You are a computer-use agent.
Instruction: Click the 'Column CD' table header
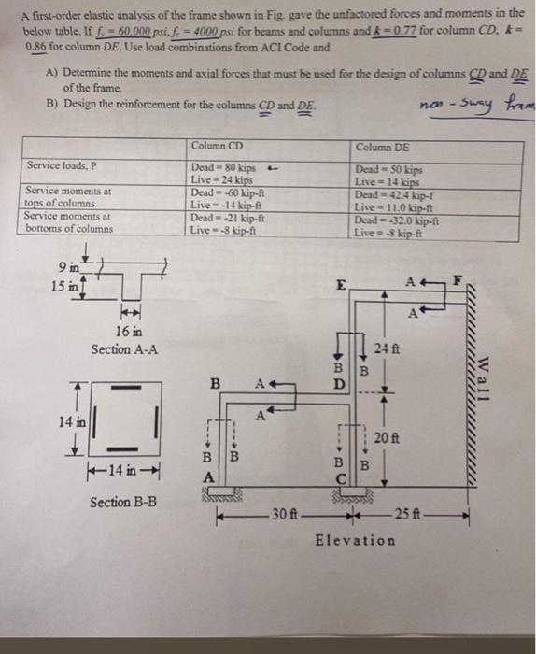pyautogui.click(x=217, y=146)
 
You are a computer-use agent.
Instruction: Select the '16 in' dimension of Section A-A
pyautogui.click(x=130, y=331)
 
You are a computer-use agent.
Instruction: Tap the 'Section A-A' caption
pyautogui.click(x=124, y=348)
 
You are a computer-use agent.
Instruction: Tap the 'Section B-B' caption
pyautogui.click(x=123, y=503)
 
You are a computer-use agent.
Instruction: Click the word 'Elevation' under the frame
pyautogui.click(x=355, y=539)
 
